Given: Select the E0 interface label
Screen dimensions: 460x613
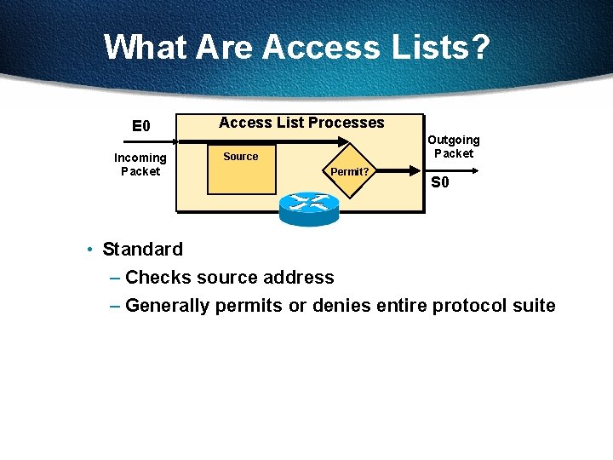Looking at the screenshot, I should (x=141, y=127).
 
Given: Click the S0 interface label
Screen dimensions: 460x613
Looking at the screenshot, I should (x=440, y=182).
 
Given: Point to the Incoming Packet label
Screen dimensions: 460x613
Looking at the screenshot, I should (x=140, y=164).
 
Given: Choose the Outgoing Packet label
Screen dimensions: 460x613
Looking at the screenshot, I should (x=454, y=147).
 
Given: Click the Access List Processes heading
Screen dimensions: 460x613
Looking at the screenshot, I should (x=301, y=123).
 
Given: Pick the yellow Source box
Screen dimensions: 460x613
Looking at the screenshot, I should (x=242, y=170).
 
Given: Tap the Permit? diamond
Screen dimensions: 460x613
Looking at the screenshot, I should (x=350, y=171).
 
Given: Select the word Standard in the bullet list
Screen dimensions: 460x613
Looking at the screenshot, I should (x=142, y=250).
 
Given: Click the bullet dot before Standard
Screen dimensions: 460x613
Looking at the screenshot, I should (x=89, y=250).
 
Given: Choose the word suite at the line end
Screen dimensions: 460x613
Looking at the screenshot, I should (x=533, y=306).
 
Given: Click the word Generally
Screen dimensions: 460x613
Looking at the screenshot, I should (x=167, y=306).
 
